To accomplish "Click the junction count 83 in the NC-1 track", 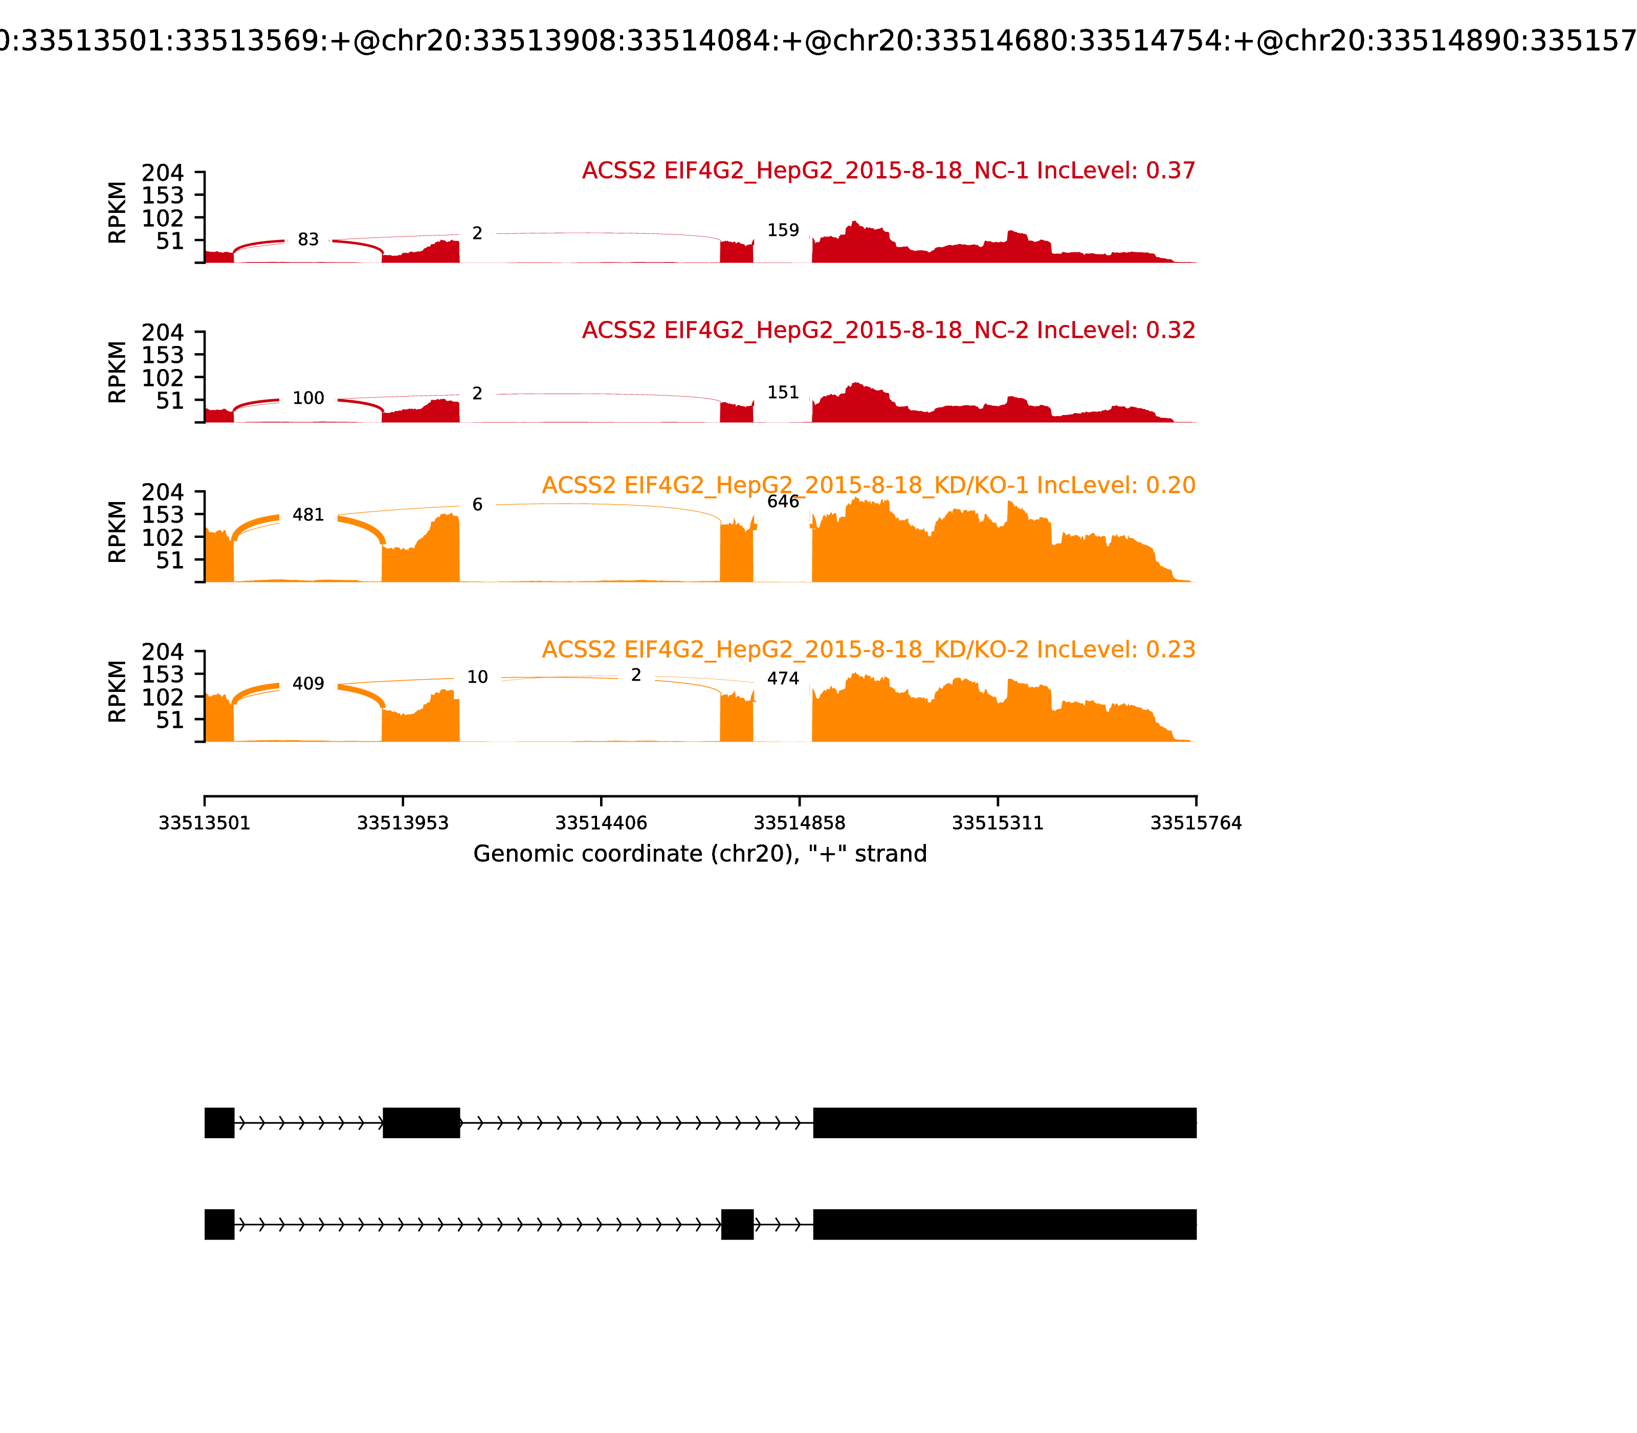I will (x=308, y=240).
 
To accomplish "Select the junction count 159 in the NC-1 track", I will (x=783, y=230).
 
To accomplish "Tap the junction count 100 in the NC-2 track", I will (x=308, y=398).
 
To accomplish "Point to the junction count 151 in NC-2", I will (x=783, y=393).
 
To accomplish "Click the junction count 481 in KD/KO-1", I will (x=308, y=515).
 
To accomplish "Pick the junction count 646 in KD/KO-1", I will (x=783, y=502).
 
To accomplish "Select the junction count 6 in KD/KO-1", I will (x=477, y=505).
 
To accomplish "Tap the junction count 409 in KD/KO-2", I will (x=308, y=684).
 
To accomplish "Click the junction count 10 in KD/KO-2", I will (x=477, y=677).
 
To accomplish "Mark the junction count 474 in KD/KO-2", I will (x=783, y=678).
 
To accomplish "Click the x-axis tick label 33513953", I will (x=403, y=823).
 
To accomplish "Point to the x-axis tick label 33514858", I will (x=799, y=823).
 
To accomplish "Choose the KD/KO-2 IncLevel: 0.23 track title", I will (x=868, y=649).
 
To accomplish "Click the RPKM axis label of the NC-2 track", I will (x=118, y=372).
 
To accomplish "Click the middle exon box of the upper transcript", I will (x=421, y=1123).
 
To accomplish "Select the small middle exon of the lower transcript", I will (x=737, y=1224).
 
